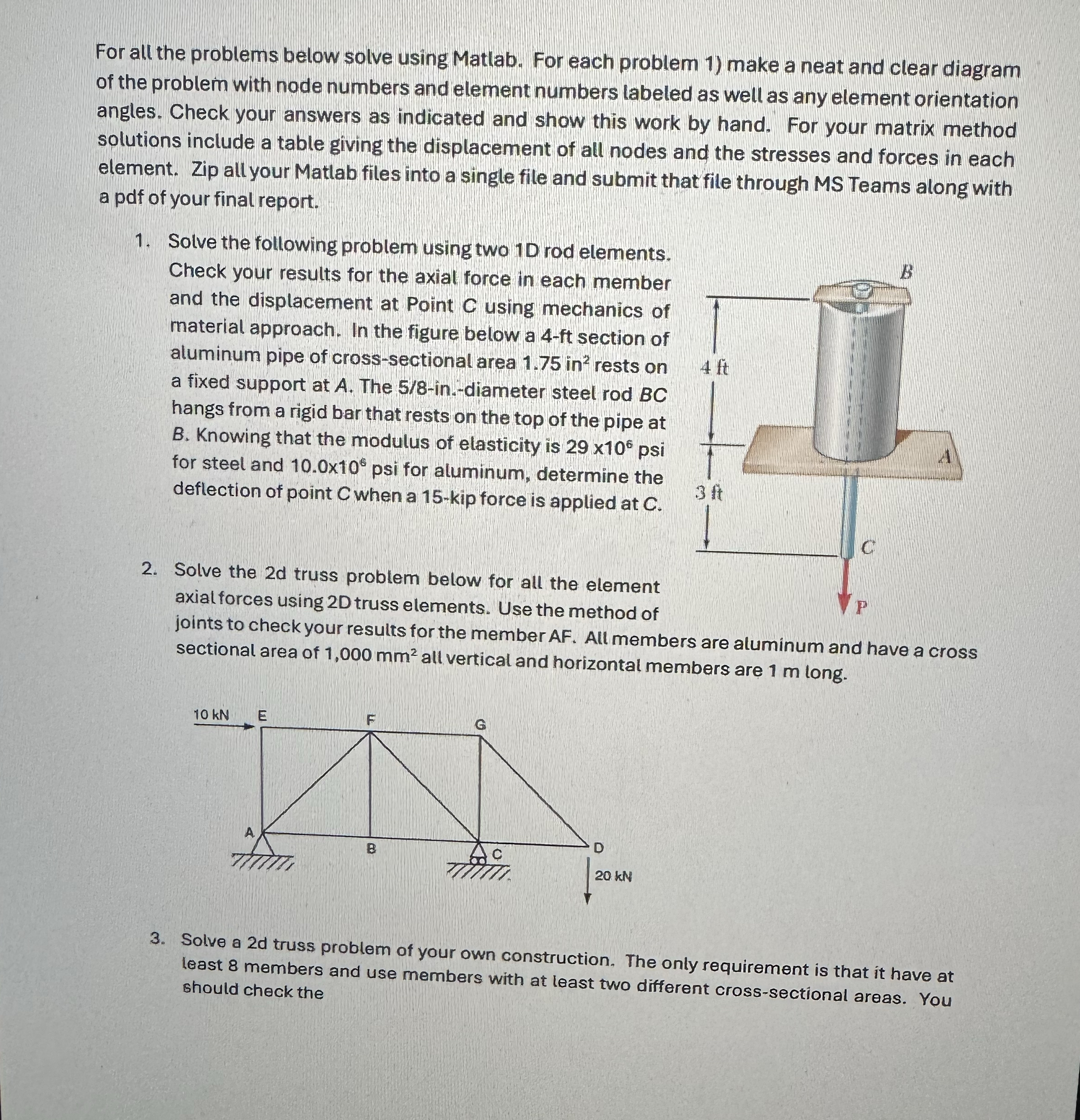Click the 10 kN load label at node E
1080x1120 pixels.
[x=211, y=715]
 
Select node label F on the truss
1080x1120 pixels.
[x=370, y=721]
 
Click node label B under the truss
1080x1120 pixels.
[x=371, y=849]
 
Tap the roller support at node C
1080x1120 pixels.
[x=478, y=855]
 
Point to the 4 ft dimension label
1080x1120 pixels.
[x=715, y=367]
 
